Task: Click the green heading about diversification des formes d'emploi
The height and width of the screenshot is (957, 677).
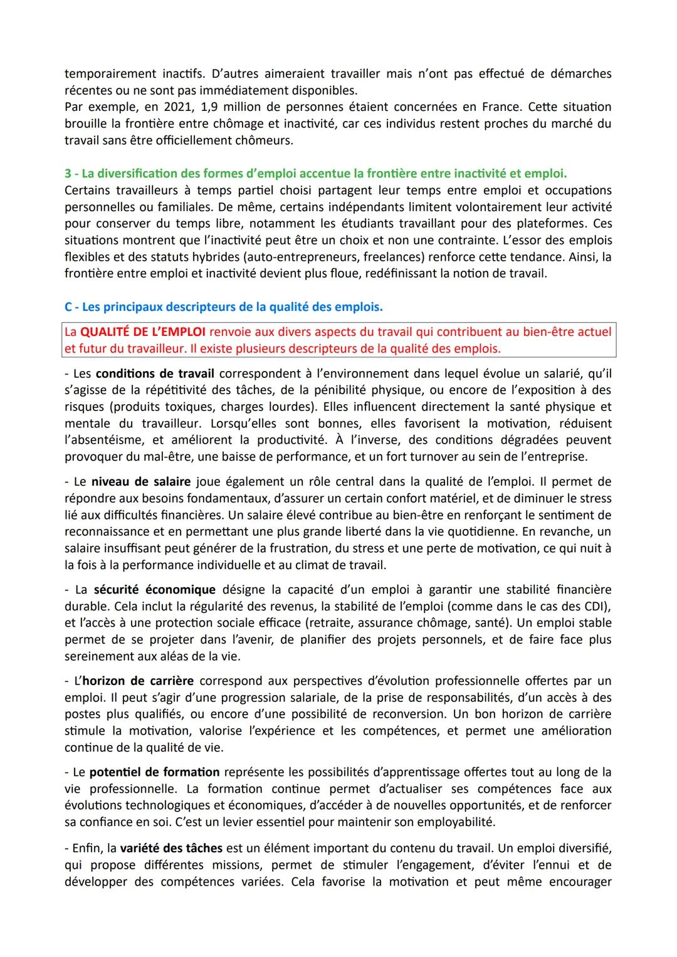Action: pyautogui.click(x=315, y=173)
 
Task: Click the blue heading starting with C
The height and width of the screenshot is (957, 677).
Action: pyautogui.click(x=223, y=307)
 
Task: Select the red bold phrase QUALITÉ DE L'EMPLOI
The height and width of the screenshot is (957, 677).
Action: pyautogui.click(x=144, y=332)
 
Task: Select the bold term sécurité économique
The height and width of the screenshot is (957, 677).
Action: pyautogui.click(x=154, y=590)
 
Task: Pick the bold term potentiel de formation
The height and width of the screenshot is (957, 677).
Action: pyautogui.click(x=154, y=772)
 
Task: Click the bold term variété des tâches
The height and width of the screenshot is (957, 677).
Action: pyautogui.click(x=171, y=849)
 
